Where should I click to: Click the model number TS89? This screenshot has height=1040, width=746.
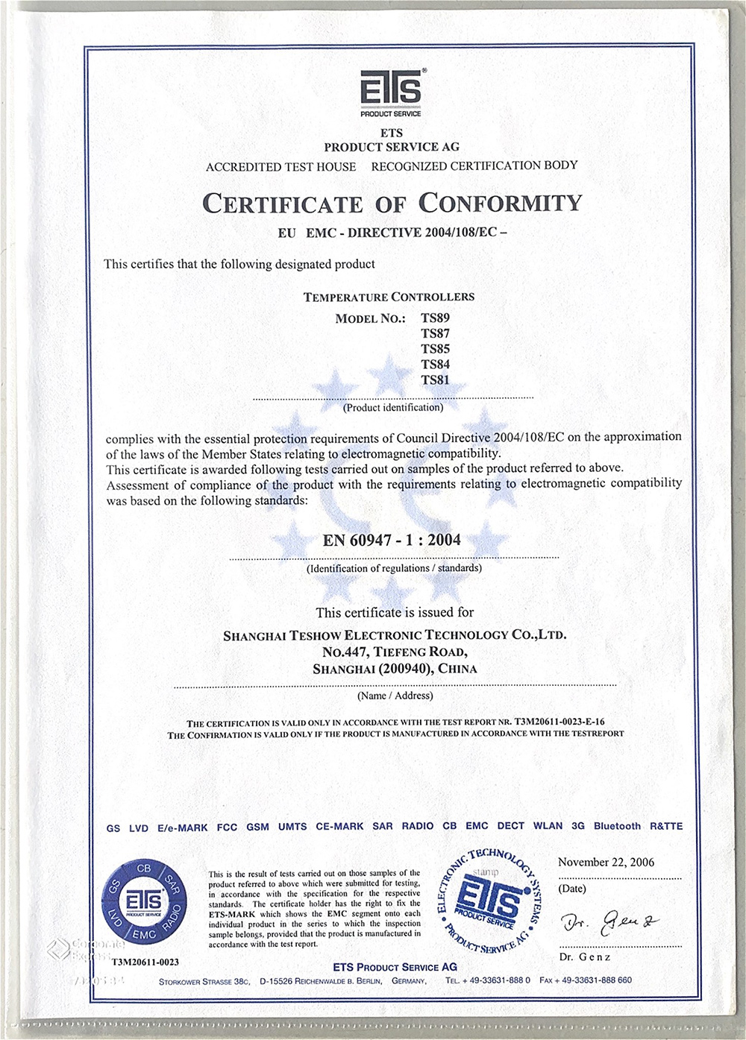point(435,318)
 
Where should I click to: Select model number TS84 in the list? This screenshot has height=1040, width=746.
point(435,365)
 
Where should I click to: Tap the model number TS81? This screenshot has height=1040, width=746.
point(435,380)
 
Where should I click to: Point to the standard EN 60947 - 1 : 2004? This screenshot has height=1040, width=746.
point(392,541)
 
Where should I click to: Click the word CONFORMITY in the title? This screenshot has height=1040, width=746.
point(500,203)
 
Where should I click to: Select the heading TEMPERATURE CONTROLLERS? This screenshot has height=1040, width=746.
point(389,297)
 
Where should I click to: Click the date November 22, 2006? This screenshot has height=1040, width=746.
point(606,863)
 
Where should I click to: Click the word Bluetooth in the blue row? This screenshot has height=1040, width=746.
point(617,826)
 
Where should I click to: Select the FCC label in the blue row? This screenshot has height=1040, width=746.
point(227,828)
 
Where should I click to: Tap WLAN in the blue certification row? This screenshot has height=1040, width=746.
point(548,826)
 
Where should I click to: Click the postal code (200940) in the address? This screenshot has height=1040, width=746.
point(406,669)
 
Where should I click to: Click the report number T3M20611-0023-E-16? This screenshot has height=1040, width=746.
point(559,722)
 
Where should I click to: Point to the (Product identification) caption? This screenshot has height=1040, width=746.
point(393,408)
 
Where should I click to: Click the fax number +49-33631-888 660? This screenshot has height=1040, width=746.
point(595,980)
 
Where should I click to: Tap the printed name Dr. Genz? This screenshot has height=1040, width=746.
point(584,957)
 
